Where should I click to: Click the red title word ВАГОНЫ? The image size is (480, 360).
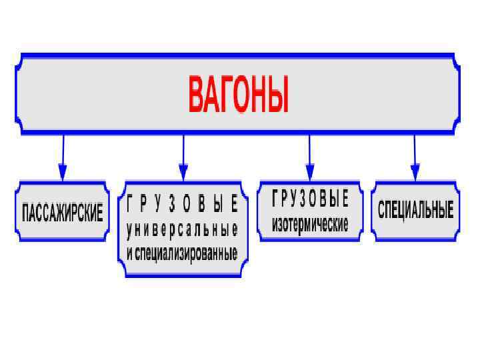click(239, 95)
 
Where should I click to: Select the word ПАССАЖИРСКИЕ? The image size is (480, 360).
click(63, 213)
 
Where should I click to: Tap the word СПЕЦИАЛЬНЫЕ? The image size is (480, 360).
click(415, 211)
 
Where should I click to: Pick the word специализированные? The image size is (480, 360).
click(187, 254)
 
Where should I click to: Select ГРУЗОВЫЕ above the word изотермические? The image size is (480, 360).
click(310, 199)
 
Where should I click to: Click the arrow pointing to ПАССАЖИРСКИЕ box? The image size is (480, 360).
click(63, 157)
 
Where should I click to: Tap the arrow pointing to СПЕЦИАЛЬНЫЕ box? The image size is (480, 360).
click(415, 157)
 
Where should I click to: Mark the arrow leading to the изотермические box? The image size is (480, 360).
click(309, 157)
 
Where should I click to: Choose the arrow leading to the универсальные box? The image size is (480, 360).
click(183, 157)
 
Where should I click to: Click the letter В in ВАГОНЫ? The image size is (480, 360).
click(197, 95)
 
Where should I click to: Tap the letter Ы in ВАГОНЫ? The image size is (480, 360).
click(280, 95)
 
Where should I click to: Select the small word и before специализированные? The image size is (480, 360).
click(129, 254)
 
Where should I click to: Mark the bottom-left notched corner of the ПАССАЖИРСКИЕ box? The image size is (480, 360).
click(20, 236)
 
